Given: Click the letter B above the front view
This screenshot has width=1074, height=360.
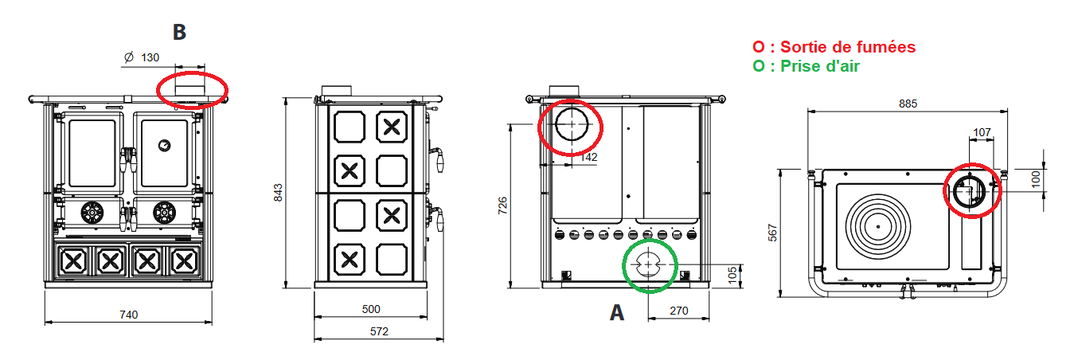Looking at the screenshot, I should pos(179,32).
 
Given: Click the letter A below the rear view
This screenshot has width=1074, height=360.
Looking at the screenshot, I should pos(616,313).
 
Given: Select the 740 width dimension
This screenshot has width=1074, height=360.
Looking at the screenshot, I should pos(128,315).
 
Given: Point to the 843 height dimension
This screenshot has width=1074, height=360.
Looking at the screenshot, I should pos(278,192).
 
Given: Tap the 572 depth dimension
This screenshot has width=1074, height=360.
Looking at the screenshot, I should pos(380,331).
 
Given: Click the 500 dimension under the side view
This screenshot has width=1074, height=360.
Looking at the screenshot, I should pos(371,309).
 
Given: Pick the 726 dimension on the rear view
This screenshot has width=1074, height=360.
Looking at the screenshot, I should pos(501,205).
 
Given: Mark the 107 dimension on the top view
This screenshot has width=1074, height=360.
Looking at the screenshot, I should pos(981,131).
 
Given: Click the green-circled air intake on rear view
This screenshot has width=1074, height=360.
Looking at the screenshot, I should pos(650,264).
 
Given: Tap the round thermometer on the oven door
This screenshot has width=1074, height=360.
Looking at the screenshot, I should pos(163,145).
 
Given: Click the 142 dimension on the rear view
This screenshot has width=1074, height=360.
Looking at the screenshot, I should pos(588,158).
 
